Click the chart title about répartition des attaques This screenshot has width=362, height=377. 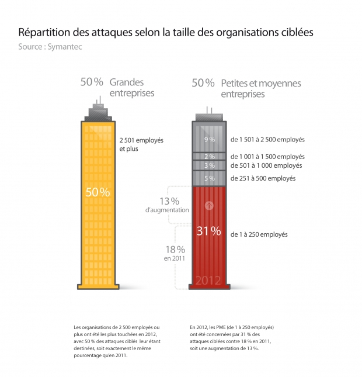click(166, 32)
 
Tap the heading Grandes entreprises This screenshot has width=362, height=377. click(131, 87)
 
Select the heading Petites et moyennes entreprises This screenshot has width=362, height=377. click(261, 88)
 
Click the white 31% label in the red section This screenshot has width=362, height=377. click(208, 231)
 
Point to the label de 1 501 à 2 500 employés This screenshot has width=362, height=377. click(267, 140)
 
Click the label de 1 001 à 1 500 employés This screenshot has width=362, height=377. click(267, 157)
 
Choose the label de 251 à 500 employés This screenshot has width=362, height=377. click(263, 178)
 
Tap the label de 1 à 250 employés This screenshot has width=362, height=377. click(259, 234)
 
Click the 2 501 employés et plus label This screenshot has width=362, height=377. click(141, 144)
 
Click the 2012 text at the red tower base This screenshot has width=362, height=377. click(208, 281)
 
